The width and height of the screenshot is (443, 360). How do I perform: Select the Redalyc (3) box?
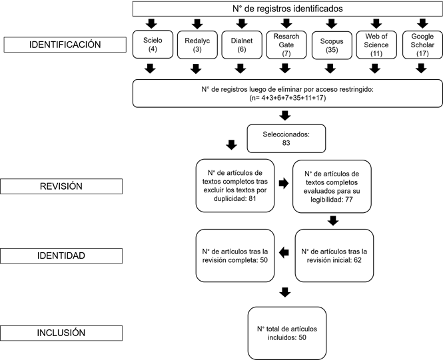click(197, 45)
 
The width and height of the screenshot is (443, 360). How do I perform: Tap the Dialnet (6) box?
click(241, 45)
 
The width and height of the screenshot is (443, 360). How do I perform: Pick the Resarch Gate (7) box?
click(286, 45)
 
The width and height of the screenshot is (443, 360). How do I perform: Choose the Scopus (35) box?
click(330, 45)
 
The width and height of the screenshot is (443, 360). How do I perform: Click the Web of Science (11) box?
click(376, 45)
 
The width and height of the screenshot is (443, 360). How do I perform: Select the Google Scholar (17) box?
click(421, 45)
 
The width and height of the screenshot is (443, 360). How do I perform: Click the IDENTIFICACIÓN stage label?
click(65, 45)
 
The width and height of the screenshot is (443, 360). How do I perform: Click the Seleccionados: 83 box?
click(286, 138)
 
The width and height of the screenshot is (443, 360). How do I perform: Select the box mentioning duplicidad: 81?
click(234, 184)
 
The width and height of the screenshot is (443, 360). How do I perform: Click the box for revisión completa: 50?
click(234, 256)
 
